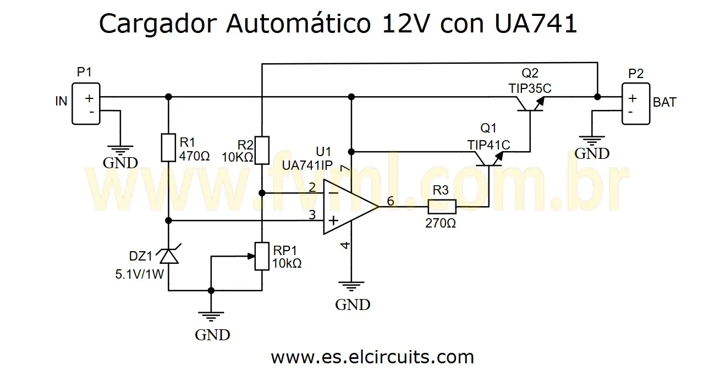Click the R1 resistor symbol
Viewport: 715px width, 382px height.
pos(169,147)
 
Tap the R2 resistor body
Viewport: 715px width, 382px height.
pos(262,149)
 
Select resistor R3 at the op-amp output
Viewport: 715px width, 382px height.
pos(442,207)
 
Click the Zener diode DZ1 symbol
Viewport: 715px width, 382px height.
pos(169,256)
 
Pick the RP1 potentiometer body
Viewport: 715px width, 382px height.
pos(262,256)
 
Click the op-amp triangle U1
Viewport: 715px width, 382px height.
pos(348,207)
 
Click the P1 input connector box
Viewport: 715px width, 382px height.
pos(86,103)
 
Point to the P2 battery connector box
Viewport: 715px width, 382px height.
pos(635,103)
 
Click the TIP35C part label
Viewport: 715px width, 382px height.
pos(530,88)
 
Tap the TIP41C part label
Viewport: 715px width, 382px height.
pos(489,145)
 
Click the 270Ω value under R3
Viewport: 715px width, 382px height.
pos(441,223)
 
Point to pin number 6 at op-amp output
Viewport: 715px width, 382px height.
pos(391,201)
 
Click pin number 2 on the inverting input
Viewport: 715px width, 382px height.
pos(312,187)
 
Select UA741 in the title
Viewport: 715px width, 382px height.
pos(536,25)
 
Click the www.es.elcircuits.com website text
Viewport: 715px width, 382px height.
pos(372,357)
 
